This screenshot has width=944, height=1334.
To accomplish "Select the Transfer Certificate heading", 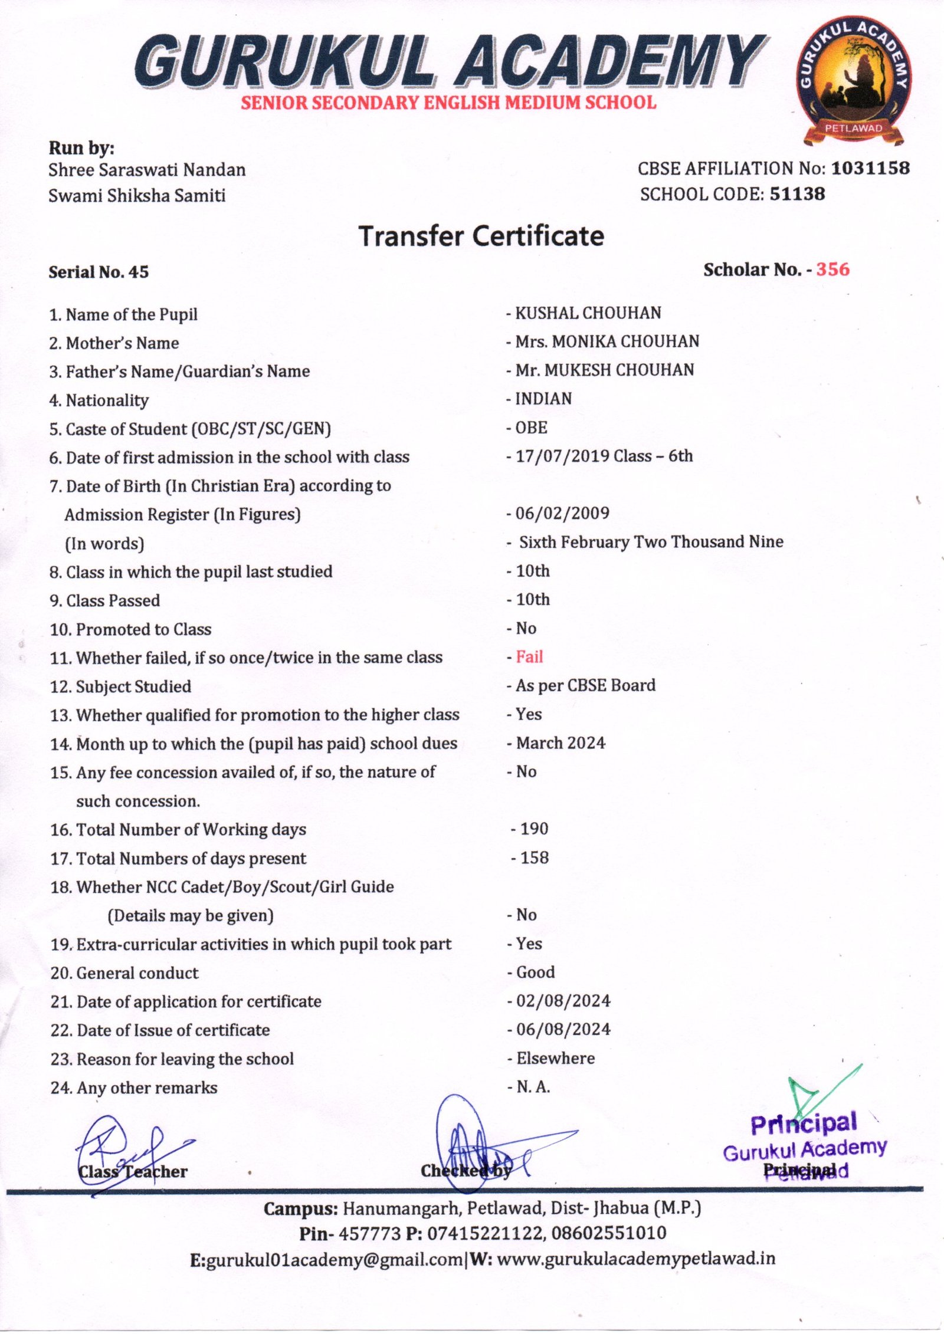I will pos(481,236).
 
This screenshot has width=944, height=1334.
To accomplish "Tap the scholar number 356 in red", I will pos(832,270).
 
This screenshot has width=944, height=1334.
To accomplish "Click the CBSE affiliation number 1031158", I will pos(870,169).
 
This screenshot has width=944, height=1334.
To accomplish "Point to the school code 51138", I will pos(797,194).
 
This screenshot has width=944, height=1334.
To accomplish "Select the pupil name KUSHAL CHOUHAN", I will pos(588,313).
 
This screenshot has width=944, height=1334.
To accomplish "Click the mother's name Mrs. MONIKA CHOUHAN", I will pos(607,341).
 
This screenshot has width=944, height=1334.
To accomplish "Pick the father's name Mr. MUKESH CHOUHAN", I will pos(605,370).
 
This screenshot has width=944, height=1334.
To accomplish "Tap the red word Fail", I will pos(529,657).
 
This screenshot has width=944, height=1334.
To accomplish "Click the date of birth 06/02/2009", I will pos(562,513).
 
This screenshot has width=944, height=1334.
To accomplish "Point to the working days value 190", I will pos(534,829).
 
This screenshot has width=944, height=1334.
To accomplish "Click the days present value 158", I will pos(534,858).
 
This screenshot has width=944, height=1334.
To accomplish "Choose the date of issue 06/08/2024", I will pos(563,1030).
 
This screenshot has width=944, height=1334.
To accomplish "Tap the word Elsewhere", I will pos(555,1059).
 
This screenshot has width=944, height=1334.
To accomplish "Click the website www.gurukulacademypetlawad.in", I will pos(636,1259).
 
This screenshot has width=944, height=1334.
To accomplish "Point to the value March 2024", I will pos(560,743).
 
